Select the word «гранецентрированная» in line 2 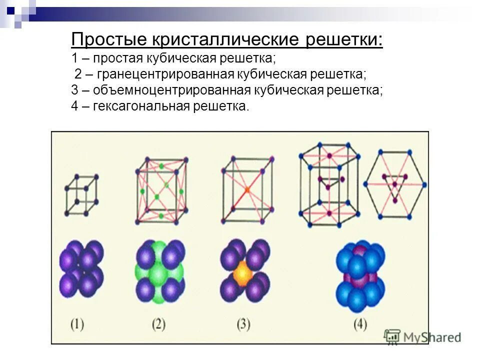click(166, 74)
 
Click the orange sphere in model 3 click(242, 273)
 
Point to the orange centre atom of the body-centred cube click(247, 190)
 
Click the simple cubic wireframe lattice click(81, 194)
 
